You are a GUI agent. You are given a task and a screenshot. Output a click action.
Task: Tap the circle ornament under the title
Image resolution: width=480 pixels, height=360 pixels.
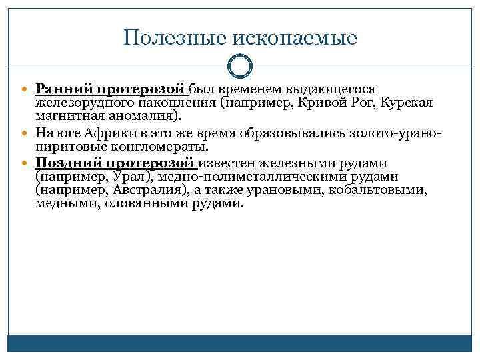[x=240, y=67]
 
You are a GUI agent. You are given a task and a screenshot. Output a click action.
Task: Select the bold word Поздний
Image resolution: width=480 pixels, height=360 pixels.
[x=67, y=163]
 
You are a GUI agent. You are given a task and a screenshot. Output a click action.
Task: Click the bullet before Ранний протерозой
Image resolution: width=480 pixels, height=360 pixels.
[x=27, y=89]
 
